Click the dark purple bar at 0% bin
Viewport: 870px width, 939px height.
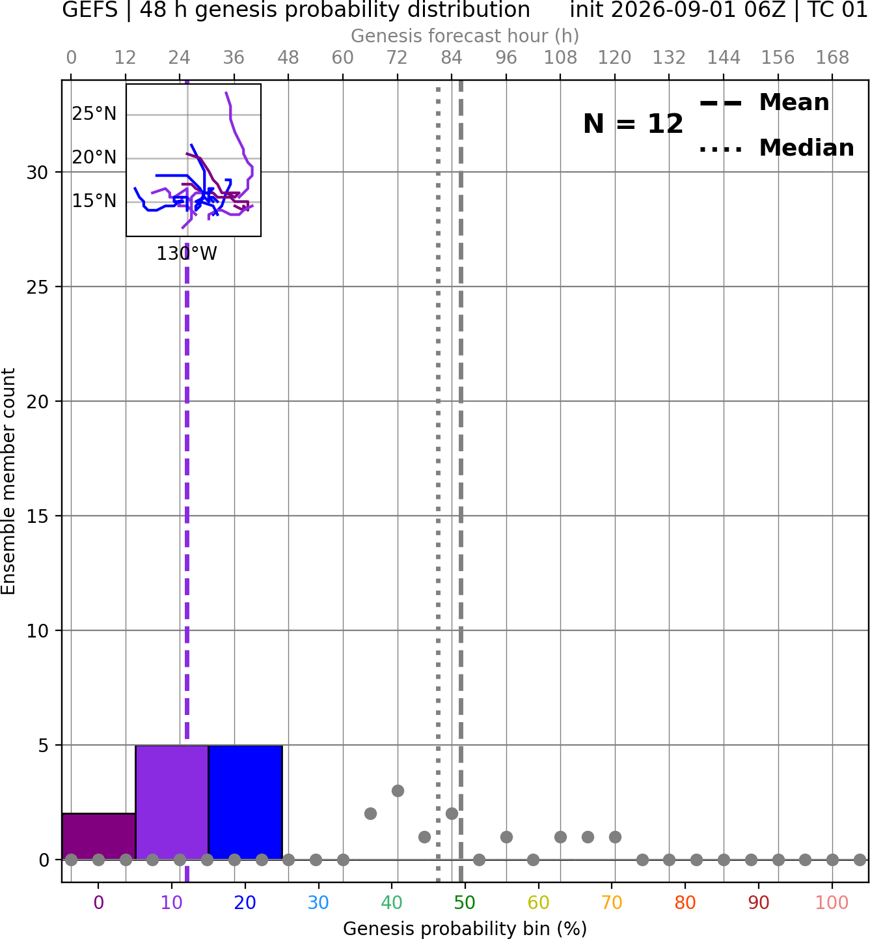click(99, 836)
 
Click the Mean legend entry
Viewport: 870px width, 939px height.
click(764, 102)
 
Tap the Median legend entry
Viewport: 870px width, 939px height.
click(777, 148)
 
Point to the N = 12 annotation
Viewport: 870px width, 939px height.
click(633, 124)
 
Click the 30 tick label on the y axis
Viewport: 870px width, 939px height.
click(37, 173)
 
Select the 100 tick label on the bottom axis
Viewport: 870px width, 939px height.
click(832, 903)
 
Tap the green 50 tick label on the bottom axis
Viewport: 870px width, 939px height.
click(465, 903)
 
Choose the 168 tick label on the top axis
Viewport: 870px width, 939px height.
click(832, 58)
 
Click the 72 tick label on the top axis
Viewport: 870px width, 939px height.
click(397, 58)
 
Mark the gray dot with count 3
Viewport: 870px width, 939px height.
click(398, 791)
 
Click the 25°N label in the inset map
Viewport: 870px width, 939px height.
click(94, 114)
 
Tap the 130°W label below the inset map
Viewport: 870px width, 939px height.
click(187, 254)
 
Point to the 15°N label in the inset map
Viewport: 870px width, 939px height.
click(94, 201)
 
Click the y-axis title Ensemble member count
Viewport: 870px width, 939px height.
click(8, 481)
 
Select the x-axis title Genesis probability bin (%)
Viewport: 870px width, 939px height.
click(465, 929)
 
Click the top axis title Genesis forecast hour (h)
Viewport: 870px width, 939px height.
click(465, 36)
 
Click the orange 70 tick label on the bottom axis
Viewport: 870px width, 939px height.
click(612, 903)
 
